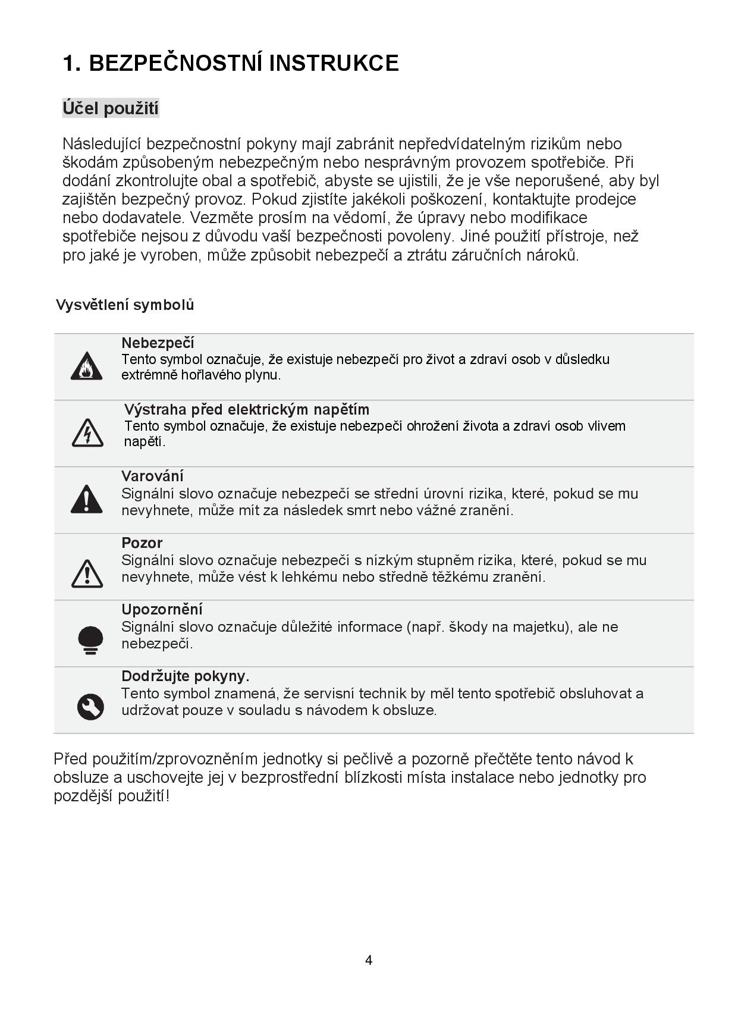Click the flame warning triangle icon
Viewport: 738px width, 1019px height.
86,366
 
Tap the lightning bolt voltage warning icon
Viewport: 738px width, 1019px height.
87,432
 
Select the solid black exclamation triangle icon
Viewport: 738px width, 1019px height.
86,499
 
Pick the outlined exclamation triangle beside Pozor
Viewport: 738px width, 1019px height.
87,573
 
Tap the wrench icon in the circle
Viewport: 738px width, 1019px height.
90,707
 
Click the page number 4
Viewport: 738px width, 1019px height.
369,960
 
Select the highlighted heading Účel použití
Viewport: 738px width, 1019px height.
111,108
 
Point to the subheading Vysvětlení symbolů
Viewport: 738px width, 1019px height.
125,305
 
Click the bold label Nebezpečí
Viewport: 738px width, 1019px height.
158,343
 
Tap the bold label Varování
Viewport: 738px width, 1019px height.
152,476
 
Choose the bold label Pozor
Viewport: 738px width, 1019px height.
142,543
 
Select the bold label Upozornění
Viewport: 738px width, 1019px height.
162,609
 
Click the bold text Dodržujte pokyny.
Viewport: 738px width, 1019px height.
186,676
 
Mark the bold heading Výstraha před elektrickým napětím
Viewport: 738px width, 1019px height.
247,409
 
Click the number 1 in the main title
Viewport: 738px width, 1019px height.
69,63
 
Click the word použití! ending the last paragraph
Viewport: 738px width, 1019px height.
143,796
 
